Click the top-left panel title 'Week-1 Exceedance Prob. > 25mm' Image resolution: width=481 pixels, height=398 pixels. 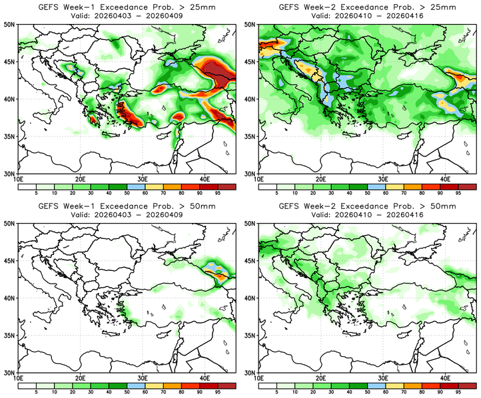pos(127,7)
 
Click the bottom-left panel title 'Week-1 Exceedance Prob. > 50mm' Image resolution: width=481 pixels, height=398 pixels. pos(127,206)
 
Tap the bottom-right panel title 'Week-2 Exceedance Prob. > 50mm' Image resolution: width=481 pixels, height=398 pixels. pos(367,206)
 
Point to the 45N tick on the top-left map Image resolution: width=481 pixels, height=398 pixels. pos(11,61)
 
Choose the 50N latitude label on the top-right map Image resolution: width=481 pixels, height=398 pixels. pos(251,24)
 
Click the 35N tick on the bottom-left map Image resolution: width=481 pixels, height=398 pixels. pos(11,335)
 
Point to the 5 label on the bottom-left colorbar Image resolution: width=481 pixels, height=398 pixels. pos(33,393)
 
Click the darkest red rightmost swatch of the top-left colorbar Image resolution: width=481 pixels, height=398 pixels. pos(227,187)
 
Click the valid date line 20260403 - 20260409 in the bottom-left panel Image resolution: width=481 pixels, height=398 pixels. pos(127,216)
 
